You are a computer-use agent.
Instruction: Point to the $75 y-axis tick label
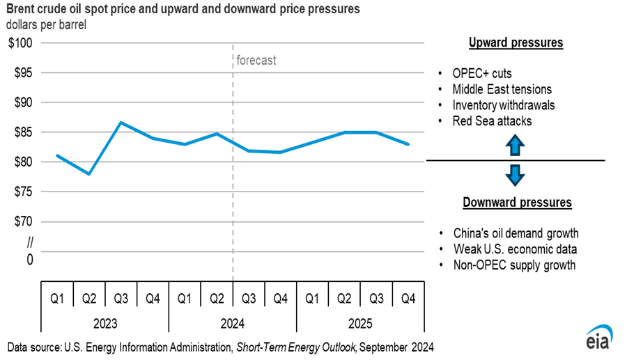click(22, 192)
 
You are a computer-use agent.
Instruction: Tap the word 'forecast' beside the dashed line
click(256, 61)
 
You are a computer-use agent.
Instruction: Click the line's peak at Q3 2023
click(121, 123)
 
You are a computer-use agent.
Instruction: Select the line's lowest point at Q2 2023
click(89, 173)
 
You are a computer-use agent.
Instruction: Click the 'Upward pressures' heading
click(516, 43)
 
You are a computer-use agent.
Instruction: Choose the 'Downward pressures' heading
click(517, 203)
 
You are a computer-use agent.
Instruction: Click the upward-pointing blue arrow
click(514, 146)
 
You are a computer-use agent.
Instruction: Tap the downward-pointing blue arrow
click(514, 175)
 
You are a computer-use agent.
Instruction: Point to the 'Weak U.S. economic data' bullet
click(514, 249)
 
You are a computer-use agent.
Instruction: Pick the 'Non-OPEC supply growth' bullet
click(514, 265)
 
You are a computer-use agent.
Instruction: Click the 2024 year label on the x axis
click(233, 324)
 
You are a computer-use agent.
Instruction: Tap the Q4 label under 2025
click(408, 299)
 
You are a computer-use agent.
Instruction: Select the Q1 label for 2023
click(57, 299)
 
